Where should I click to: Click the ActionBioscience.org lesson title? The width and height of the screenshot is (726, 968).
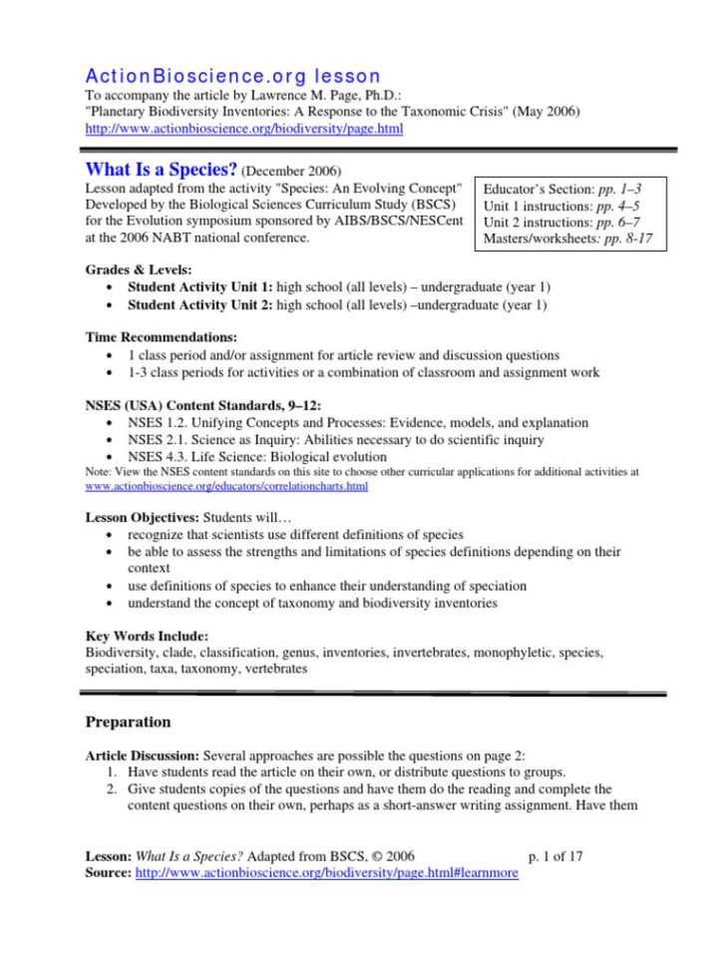coord(233,76)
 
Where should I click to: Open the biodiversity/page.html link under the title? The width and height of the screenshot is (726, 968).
coord(244,129)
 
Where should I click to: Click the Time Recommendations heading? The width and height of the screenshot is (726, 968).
coord(161,338)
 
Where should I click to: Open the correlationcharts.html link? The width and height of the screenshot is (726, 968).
coord(226,486)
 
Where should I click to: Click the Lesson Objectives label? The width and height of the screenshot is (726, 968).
coord(143,518)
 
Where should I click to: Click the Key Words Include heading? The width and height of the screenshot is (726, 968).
coord(147,636)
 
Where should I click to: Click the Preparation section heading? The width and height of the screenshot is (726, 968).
coord(128,722)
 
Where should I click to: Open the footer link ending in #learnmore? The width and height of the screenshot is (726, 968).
coord(326,872)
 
